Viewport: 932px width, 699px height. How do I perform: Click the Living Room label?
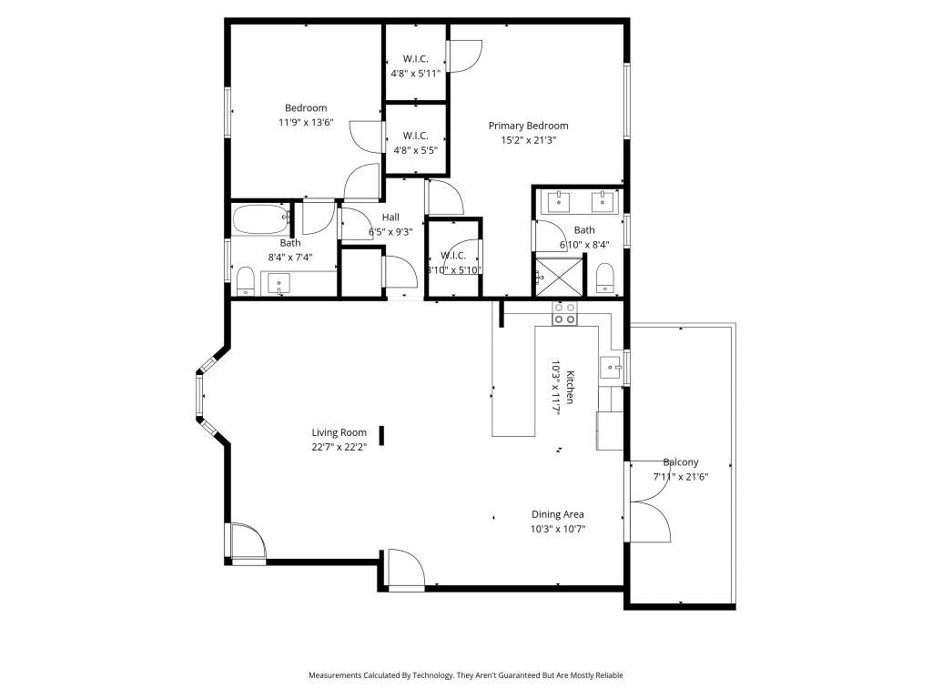click(x=339, y=433)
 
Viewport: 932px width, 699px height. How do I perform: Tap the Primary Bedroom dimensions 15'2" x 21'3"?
click(x=528, y=140)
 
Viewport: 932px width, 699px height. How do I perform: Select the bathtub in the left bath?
click(x=259, y=219)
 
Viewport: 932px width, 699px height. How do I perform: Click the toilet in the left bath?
click(x=246, y=280)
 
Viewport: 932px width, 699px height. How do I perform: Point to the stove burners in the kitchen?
click(x=564, y=314)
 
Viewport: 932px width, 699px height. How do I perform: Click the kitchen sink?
click(x=611, y=368)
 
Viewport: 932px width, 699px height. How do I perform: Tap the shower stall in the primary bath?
click(x=558, y=277)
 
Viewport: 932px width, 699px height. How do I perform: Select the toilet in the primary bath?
click(x=606, y=278)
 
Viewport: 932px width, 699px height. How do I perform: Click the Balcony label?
click(x=681, y=462)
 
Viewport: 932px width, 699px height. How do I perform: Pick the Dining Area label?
click(x=558, y=514)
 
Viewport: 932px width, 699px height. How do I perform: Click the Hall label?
click(x=390, y=217)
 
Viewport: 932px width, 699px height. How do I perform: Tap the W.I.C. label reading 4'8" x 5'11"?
click(x=415, y=73)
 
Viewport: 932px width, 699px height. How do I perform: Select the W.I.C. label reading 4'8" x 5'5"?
click(x=415, y=150)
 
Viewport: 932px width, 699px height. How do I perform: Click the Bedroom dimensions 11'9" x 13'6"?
click(x=306, y=122)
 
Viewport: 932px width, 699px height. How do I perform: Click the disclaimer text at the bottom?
click(x=466, y=675)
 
